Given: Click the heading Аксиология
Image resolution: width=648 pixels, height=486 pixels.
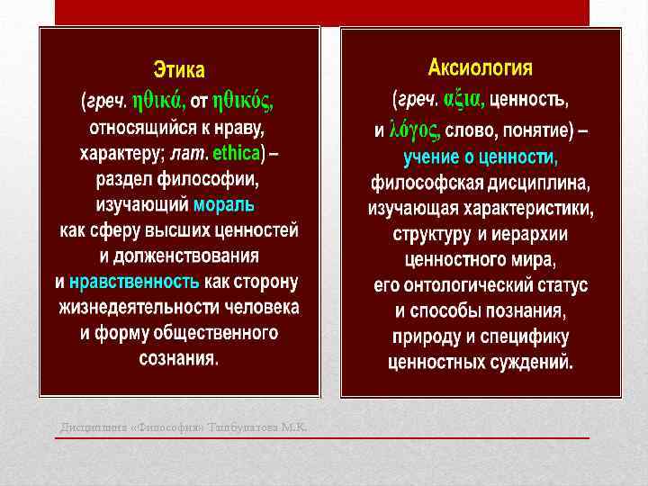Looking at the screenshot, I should (480, 67).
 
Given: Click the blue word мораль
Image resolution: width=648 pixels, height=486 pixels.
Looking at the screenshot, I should (224, 204).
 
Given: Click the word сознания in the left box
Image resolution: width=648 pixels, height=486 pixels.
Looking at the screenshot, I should (178, 357).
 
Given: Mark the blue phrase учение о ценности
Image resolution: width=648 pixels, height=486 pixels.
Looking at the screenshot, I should (480, 157).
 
